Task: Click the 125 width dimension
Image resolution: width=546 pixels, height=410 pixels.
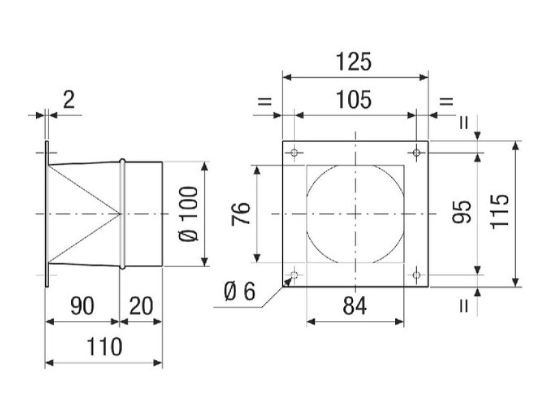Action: [354, 62]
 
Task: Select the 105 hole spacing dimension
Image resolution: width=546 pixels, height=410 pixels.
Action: [354, 100]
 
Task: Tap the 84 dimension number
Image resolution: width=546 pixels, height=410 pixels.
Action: [354, 305]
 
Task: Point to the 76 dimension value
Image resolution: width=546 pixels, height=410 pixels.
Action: [241, 213]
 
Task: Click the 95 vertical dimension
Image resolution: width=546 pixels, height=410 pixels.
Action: [462, 212]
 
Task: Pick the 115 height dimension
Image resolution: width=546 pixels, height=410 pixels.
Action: [500, 212]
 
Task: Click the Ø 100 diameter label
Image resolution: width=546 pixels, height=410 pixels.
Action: [188, 214]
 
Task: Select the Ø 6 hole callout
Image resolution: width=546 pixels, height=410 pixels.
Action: [240, 292]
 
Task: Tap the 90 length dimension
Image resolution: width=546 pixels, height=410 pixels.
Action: [82, 305]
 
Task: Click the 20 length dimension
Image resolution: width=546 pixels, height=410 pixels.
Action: [141, 305]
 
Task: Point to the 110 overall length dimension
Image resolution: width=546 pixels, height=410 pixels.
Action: [104, 347]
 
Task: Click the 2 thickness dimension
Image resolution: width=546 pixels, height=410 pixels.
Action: [69, 100]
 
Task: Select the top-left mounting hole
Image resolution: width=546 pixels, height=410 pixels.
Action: [294, 152]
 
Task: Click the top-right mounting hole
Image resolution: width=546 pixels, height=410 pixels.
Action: [416, 152]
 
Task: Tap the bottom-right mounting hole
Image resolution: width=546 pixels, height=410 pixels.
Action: [416, 275]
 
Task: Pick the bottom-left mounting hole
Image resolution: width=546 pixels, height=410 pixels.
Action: [294, 275]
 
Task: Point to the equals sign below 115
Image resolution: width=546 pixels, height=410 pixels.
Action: [463, 305]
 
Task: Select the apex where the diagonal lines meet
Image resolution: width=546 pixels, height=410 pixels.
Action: [120, 213]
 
